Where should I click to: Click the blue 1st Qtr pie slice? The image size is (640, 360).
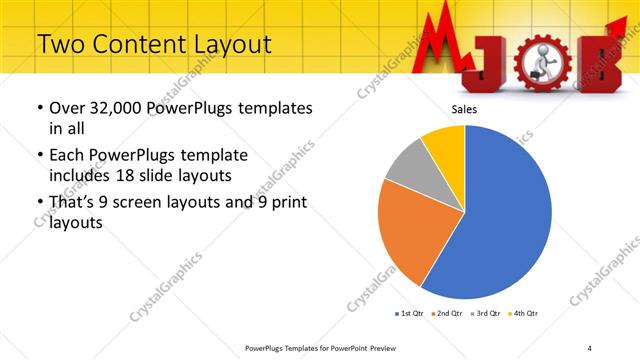(500, 220)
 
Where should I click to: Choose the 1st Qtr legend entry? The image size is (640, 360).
(408, 314)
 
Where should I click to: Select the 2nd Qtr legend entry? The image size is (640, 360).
(446, 314)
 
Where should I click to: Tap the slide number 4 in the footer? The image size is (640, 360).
(590, 348)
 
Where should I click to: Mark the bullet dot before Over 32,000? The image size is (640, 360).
(38, 108)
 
